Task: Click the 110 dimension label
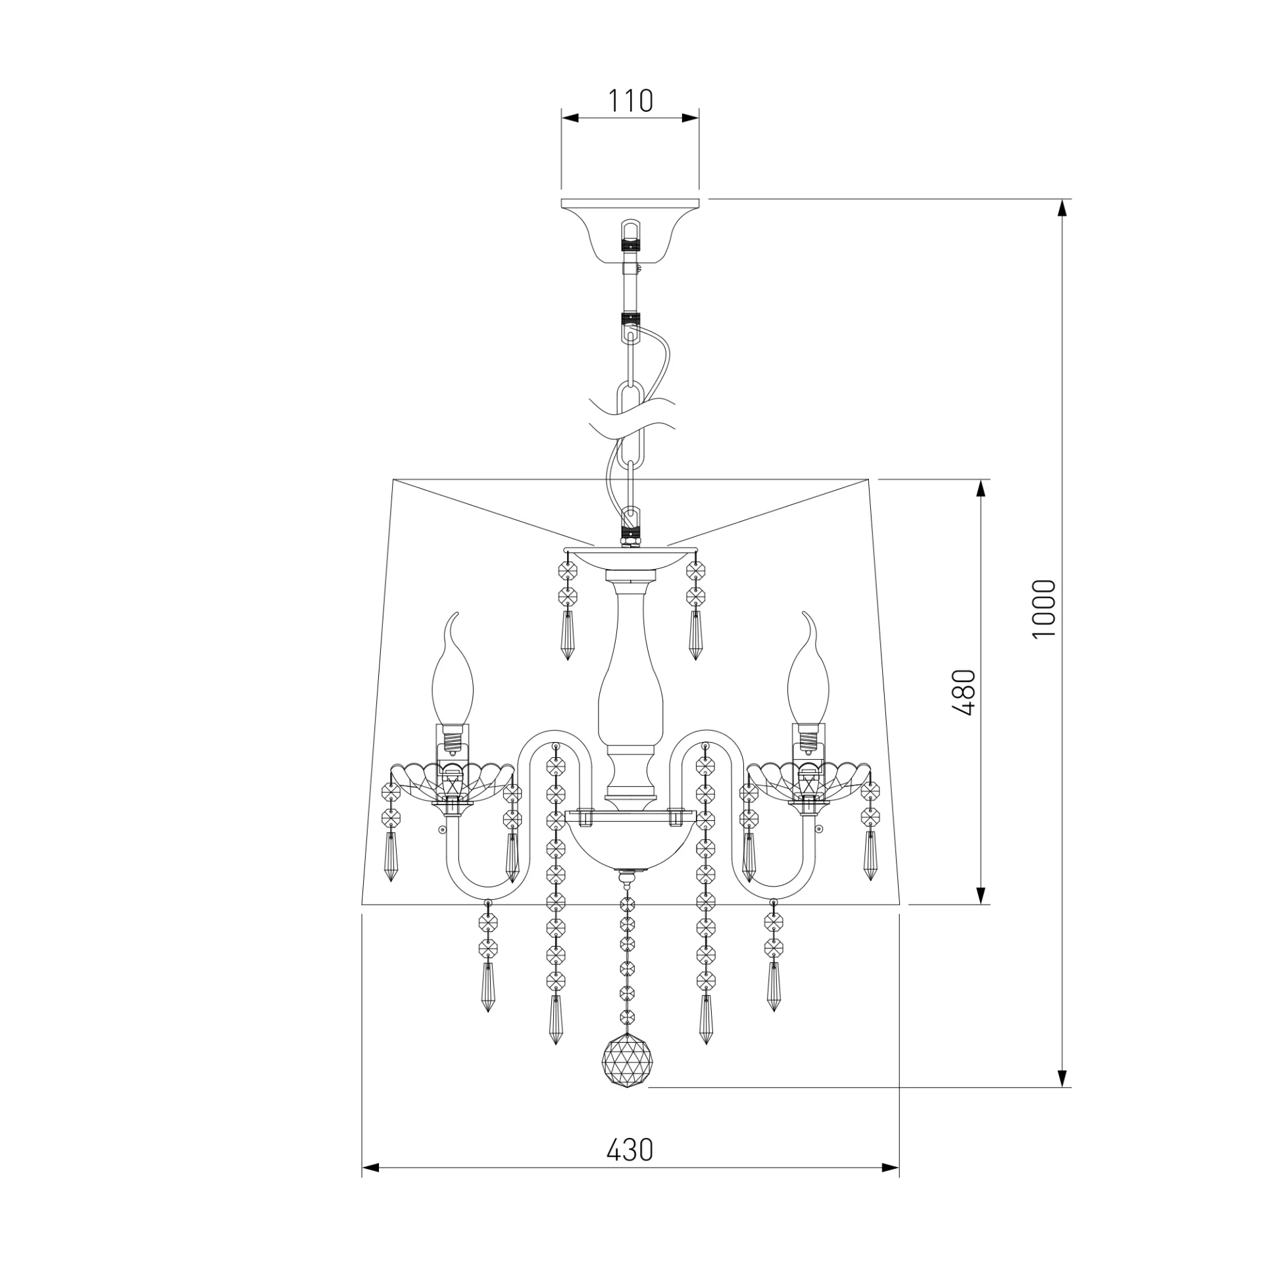coord(630,101)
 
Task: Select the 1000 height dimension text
coord(1044,608)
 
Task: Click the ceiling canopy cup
coord(630,230)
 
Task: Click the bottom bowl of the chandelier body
coord(630,849)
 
